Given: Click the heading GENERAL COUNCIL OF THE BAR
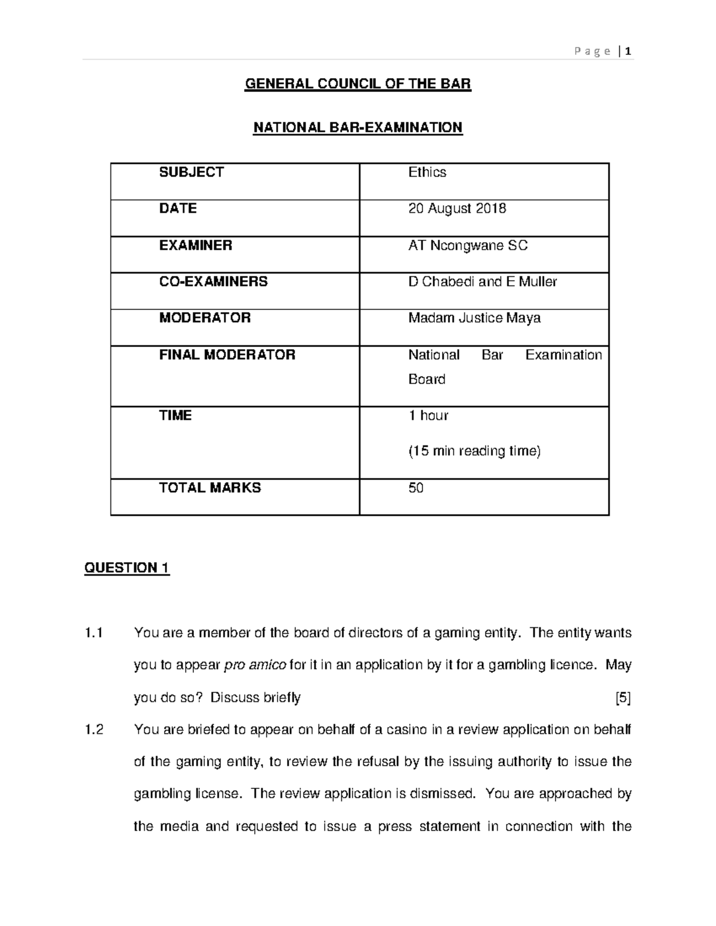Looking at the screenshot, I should tap(358, 84).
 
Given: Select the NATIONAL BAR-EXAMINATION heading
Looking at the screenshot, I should tap(358, 128).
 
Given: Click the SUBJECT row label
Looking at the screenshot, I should tap(191, 172).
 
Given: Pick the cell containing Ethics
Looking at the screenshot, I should tap(427, 172).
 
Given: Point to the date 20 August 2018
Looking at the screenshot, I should tap(457, 209).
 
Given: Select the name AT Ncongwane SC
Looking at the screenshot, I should tap(468, 246).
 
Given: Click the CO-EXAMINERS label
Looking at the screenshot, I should tap(213, 281).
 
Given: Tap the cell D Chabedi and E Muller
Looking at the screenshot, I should tap(482, 281).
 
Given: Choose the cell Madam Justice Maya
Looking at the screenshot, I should tap(474, 318).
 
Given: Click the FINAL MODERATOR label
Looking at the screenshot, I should tap(227, 355).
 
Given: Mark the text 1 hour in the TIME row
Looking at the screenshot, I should tap(428, 416).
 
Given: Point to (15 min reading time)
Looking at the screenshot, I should tap(474, 451).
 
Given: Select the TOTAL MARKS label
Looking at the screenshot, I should tap(209, 488).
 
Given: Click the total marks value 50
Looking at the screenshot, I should tap(416, 488).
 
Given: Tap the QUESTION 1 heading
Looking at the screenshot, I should tap(127, 568).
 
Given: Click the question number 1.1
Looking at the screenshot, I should tap(94, 633).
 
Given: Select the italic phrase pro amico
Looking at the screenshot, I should tap(255, 665).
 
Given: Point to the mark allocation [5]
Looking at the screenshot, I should tap(623, 698).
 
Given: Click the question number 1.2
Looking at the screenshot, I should tap(94, 730).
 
